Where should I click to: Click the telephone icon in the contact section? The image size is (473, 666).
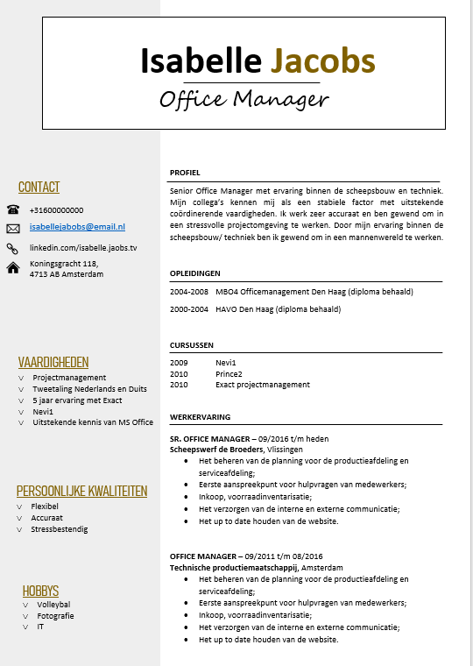pos(13,209)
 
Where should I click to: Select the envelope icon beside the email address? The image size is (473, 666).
pos(13,228)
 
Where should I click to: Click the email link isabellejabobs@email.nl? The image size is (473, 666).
pos(77,227)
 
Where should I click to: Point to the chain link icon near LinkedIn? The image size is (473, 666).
pos(13,249)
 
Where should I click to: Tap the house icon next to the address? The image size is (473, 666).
pos(13,268)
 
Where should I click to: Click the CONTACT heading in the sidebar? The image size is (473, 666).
pos(39,187)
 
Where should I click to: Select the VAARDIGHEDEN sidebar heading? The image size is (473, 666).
pos(53,362)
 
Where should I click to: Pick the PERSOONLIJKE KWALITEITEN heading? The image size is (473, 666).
pos(81,491)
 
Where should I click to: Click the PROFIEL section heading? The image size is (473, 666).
pos(186,173)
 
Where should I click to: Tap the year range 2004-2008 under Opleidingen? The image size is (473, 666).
pos(189,292)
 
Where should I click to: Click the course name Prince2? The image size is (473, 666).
pos(229,373)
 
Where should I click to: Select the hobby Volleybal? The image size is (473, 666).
pos(53,605)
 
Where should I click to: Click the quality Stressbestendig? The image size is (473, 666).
pos(60,529)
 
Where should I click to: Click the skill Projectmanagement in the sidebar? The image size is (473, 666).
pos(69,378)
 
